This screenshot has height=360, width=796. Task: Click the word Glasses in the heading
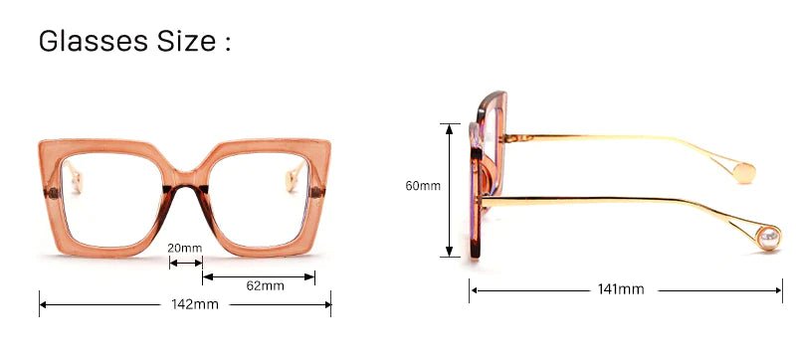point(94,41)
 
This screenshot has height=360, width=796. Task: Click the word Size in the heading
point(186,41)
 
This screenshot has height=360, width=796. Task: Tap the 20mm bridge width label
point(185,248)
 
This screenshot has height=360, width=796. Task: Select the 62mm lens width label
point(265,285)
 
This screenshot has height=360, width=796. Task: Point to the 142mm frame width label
point(195,304)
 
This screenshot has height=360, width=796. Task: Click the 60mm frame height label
point(423,186)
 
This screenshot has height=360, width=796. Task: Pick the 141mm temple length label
point(621,289)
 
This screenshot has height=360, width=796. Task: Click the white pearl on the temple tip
point(768,237)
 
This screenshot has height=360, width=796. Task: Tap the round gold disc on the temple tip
point(744,173)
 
